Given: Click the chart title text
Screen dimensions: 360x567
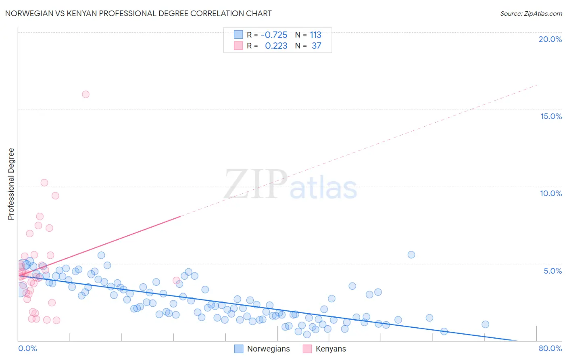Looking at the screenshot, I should pos(138,13).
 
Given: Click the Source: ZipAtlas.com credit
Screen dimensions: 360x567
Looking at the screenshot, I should pos(531,13).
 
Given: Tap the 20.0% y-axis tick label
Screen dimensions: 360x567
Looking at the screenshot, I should pos(550,39).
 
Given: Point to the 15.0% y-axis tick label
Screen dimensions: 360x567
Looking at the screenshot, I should pos(551,116).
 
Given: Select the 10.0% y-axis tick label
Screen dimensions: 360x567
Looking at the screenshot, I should pos(551,193).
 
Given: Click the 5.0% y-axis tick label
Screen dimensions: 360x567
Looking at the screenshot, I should pos(552,271).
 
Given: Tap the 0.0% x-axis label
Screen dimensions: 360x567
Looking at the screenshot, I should pos(27,348).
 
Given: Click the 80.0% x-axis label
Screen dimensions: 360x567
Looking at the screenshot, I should pos(550,348).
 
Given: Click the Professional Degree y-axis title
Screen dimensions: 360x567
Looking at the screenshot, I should pos(11,184).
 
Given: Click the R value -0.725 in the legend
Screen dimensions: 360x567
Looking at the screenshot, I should pos(274,35).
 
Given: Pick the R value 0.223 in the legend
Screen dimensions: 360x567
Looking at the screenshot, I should pos(276,46).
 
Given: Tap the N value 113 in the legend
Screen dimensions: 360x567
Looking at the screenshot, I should pos(315,35).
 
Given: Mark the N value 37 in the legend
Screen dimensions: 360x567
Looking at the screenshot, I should pos(317,46).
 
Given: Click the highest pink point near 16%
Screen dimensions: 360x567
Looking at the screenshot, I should pos(85,94).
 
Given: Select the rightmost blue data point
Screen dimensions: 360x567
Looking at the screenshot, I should pos(486,324).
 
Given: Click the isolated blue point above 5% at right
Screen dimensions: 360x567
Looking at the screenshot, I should pos(411,255).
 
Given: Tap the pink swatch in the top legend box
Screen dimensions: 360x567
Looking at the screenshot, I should pos(239,46).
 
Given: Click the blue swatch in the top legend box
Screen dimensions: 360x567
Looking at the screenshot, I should pos(239,35).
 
